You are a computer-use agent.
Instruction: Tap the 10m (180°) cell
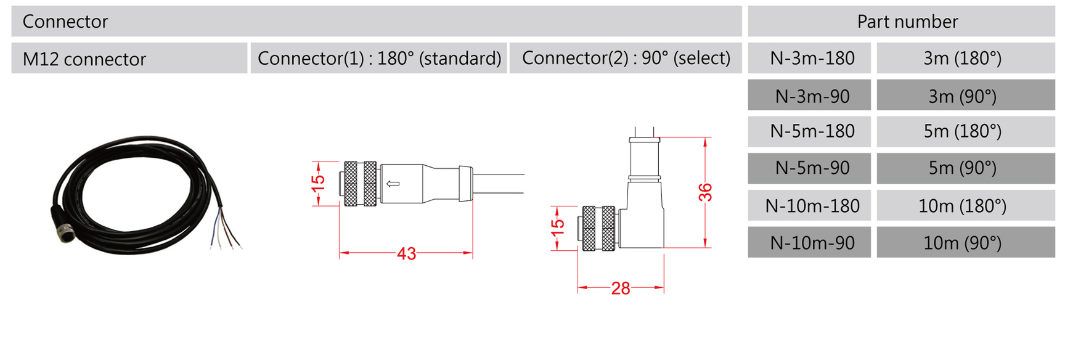[965, 205]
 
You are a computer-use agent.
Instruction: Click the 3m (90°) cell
[965, 96]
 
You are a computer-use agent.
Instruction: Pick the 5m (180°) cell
[965, 131]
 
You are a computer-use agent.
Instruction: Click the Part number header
[907, 22]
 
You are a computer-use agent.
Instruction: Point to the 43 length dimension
[406, 253]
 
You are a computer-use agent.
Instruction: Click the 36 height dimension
[706, 192]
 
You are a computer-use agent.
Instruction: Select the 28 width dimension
[621, 288]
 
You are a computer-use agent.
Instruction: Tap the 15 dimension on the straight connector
[317, 182]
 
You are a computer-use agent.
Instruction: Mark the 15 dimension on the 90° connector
[557, 227]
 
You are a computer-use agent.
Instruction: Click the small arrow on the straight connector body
[393, 184]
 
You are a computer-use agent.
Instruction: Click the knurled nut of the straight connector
[360, 183]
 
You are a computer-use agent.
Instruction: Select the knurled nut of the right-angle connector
[598, 228]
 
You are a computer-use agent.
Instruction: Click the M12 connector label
[84, 59]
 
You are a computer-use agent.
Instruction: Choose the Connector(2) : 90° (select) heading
[626, 58]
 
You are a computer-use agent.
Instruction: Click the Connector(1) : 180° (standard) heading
[379, 58]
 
